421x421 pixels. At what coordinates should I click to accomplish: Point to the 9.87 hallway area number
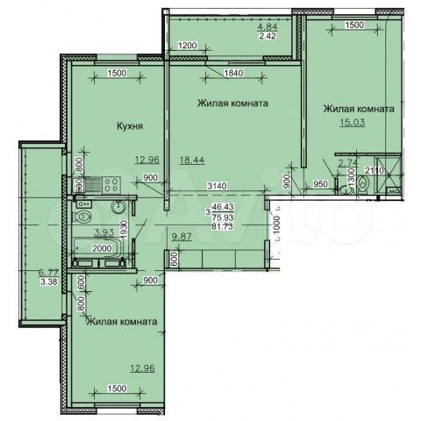[182, 237]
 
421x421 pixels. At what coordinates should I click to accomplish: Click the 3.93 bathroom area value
[103, 232]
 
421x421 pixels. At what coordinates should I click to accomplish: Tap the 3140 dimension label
[218, 186]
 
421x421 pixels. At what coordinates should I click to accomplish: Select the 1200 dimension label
[189, 44]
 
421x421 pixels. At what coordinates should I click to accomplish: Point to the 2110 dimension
[375, 171]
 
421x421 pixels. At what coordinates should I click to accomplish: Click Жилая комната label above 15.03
[358, 109]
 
